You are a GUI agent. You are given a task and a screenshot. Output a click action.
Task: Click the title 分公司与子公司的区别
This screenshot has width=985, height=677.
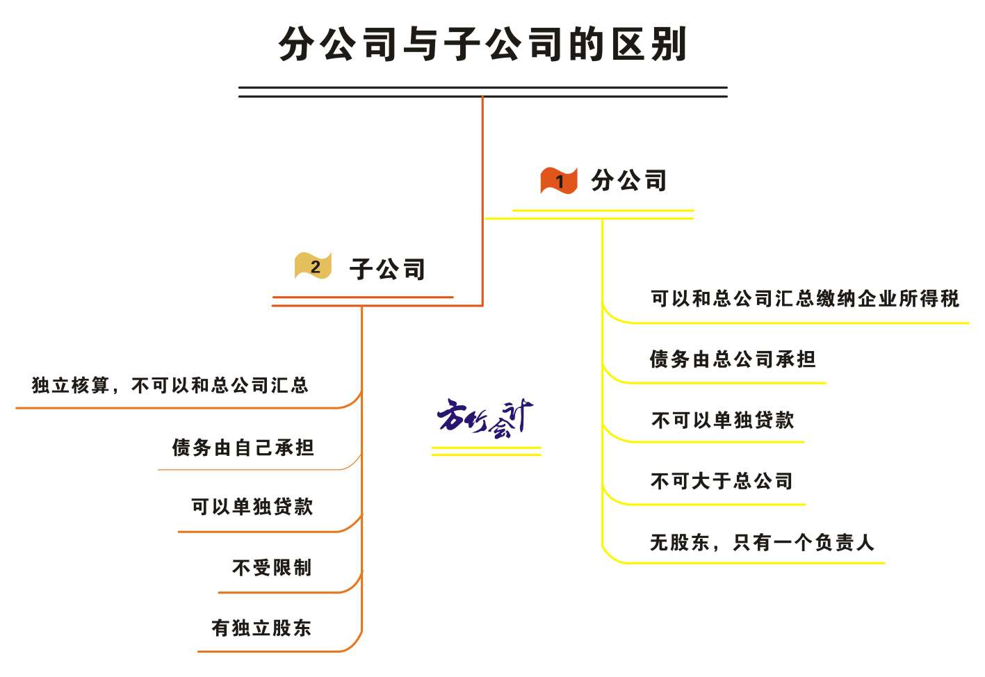coord(482,44)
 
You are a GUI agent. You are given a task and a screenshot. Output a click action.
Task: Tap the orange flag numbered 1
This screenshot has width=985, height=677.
coord(558,180)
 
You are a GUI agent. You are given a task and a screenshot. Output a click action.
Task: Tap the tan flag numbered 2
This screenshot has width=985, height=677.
coord(313,266)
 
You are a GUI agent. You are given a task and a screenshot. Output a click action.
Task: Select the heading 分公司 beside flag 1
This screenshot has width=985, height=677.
coord(629,180)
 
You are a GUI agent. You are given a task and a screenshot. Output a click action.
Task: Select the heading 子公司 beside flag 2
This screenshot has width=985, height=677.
coord(387,269)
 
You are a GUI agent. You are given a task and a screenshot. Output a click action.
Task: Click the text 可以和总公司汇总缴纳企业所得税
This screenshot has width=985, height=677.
coord(805,298)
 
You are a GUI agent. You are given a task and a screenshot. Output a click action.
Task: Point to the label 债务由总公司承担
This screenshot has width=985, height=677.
coord(733,359)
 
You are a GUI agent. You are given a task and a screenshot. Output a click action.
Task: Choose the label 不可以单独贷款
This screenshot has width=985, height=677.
coord(722,420)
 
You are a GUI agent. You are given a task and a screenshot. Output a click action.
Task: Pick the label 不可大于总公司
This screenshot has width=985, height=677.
coord(722,480)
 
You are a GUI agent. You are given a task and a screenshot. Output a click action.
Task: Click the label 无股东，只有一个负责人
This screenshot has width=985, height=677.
coord(762,542)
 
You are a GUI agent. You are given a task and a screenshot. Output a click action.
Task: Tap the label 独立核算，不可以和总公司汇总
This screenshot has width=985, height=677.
coord(170,385)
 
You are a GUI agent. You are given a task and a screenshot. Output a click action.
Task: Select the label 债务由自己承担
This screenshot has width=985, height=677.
coord(243,448)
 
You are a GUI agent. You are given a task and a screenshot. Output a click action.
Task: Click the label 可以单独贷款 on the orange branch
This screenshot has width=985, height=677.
coord(252,507)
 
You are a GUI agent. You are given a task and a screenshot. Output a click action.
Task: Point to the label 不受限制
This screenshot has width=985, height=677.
coord(272,568)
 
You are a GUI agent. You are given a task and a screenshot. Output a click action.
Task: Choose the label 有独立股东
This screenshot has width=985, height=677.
coord(261,628)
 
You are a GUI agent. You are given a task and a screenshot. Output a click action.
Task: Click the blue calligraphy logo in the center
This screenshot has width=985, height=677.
coord(485,418)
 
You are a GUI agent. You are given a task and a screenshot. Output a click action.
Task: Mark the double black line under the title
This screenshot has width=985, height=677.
coord(483,92)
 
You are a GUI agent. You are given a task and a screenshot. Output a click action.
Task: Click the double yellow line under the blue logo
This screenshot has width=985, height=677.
coord(487,452)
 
